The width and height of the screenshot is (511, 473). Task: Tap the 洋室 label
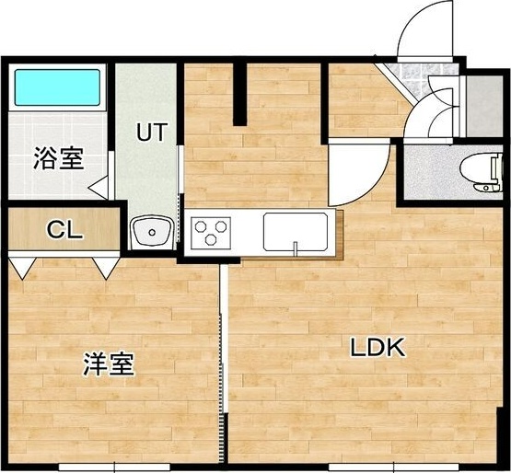[x=110, y=364]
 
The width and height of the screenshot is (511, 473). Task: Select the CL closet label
[x=65, y=229]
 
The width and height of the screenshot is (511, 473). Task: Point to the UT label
[x=151, y=132]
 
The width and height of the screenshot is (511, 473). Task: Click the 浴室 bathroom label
[x=59, y=158]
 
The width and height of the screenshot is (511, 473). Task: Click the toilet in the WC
[x=480, y=172]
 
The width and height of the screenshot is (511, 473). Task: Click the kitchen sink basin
[x=296, y=231]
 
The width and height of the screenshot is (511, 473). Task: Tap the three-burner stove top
[x=212, y=231]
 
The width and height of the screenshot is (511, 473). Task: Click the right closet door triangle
[x=104, y=268]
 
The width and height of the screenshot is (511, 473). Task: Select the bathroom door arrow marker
[x=99, y=185]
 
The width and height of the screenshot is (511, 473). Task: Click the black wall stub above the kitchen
[x=242, y=93]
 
